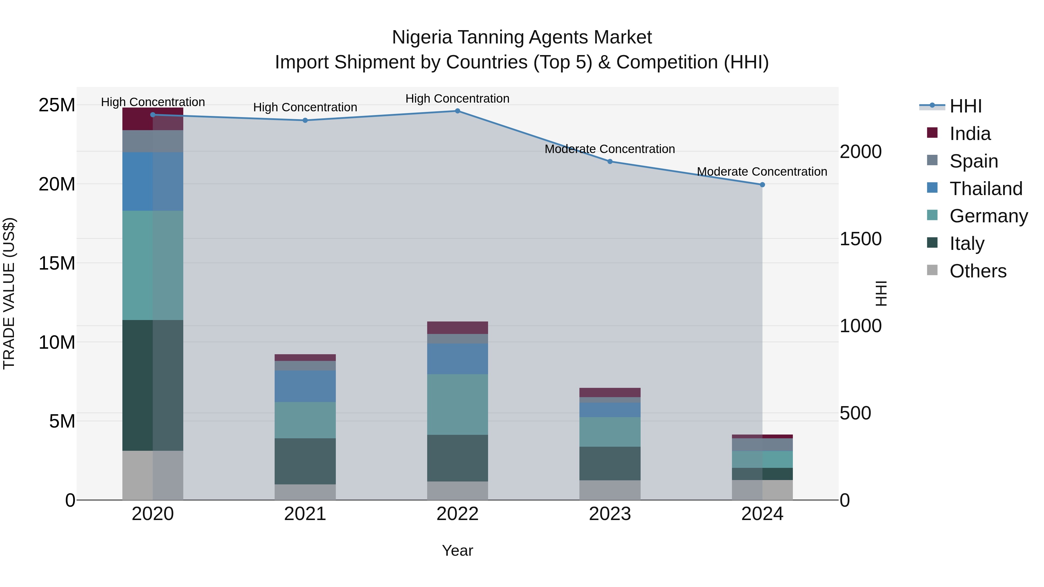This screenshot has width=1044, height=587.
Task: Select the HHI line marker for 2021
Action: [305, 120]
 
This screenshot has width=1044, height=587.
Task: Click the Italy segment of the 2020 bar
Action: [153, 385]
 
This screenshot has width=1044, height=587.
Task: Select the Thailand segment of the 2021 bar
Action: [305, 386]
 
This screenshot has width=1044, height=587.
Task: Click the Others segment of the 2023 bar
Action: [610, 490]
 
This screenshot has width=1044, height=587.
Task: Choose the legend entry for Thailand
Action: [986, 189]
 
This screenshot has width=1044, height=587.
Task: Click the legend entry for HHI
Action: [965, 106]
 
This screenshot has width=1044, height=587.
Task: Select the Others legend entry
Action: [978, 271]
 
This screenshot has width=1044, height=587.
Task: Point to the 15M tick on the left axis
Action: [57, 263]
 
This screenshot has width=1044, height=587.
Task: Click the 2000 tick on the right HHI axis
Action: [860, 152]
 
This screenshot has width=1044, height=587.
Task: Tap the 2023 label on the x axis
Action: [610, 514]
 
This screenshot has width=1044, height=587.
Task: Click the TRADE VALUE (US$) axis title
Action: [9, 293]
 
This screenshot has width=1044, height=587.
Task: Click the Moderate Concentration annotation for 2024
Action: [762, 172]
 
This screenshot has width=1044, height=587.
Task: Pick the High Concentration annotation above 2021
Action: [305, 107]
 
